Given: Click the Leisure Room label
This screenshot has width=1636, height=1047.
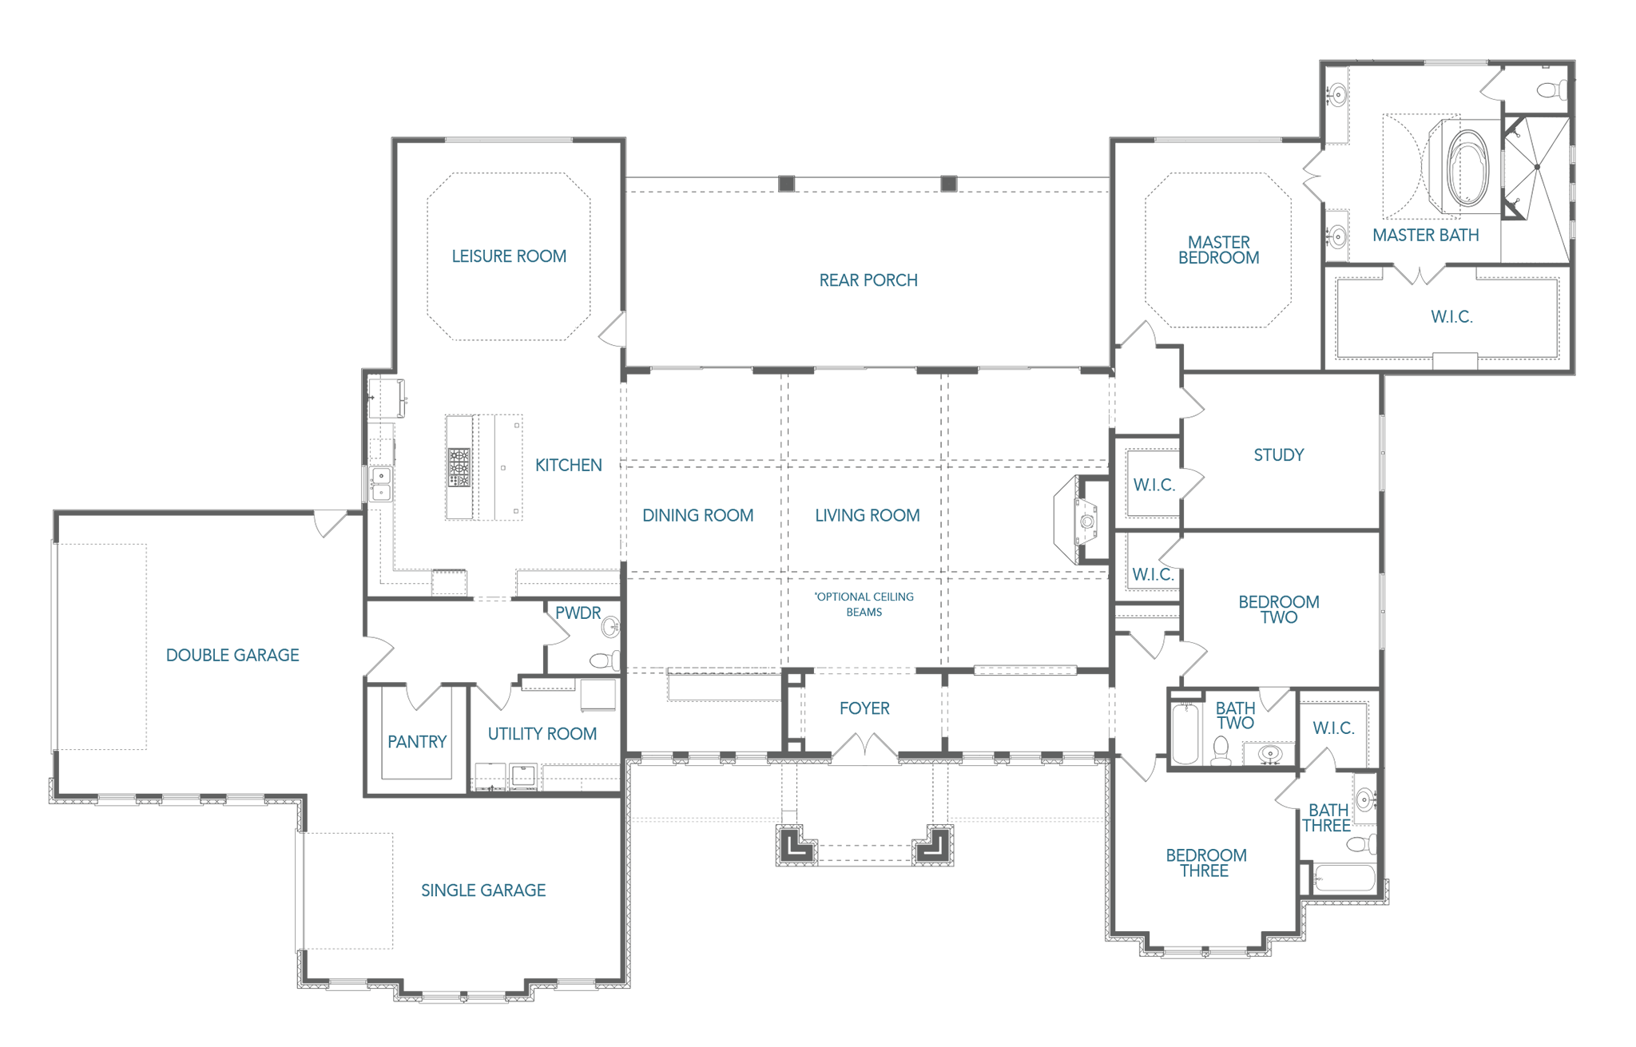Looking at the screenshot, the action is [x=509, y=256].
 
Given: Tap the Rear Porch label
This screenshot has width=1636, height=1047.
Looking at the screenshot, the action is [x=868, y=280].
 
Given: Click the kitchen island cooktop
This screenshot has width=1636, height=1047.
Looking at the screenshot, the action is [x=459, y=467].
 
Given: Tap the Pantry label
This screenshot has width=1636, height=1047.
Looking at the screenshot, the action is [x=417, y=742].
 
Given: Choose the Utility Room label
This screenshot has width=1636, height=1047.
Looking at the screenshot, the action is [x=542, y=734].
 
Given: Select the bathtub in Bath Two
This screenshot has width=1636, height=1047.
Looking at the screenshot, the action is [x=1185, y=733].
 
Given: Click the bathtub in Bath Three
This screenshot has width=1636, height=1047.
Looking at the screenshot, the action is [x=1345, y=878].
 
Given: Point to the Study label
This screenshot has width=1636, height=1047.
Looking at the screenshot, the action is [x=1279, y=455].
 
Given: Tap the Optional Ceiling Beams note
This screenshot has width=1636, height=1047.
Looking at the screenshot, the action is [x=864, y=605].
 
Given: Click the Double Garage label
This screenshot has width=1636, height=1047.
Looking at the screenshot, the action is [x=232, y=656].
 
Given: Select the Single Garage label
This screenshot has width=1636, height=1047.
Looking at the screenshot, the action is [x=483, y=890].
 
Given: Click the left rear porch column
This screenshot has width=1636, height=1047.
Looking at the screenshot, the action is [x=787, y=184].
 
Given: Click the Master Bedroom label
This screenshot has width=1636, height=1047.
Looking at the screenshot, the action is [x=1219, y=250].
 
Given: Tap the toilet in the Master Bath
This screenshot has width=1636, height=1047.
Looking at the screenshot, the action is [x=1554, y=90].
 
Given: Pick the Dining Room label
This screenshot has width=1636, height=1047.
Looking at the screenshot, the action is [x=698, y=516].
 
